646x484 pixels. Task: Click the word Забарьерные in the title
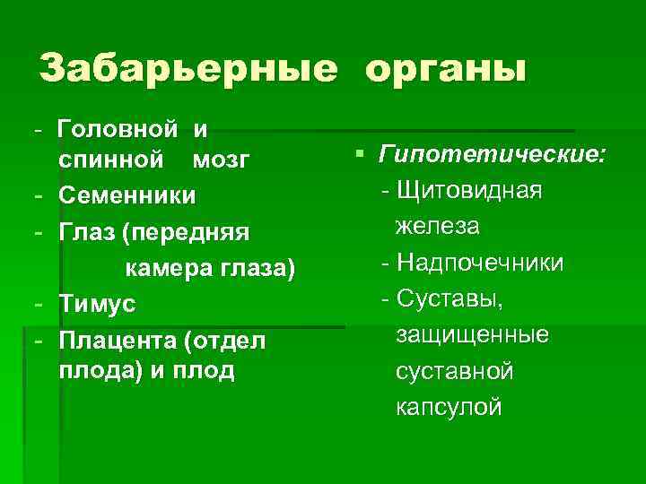tap(188, 69)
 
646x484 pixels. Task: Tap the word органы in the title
tap(445, 69)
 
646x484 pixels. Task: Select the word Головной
tap(118, 129)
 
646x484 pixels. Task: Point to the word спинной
tap(111, 160)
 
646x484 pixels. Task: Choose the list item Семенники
tap(127, 194)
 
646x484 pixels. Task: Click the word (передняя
tap(185, 232)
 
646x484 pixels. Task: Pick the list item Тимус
tap(97, 305)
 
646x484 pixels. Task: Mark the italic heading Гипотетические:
tap(491, 156)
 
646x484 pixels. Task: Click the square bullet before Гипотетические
tap(359, 155)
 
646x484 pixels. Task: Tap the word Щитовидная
tap(470, 191)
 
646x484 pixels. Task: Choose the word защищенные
tap(473, 334)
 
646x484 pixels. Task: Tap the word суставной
tap(455, 370)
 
